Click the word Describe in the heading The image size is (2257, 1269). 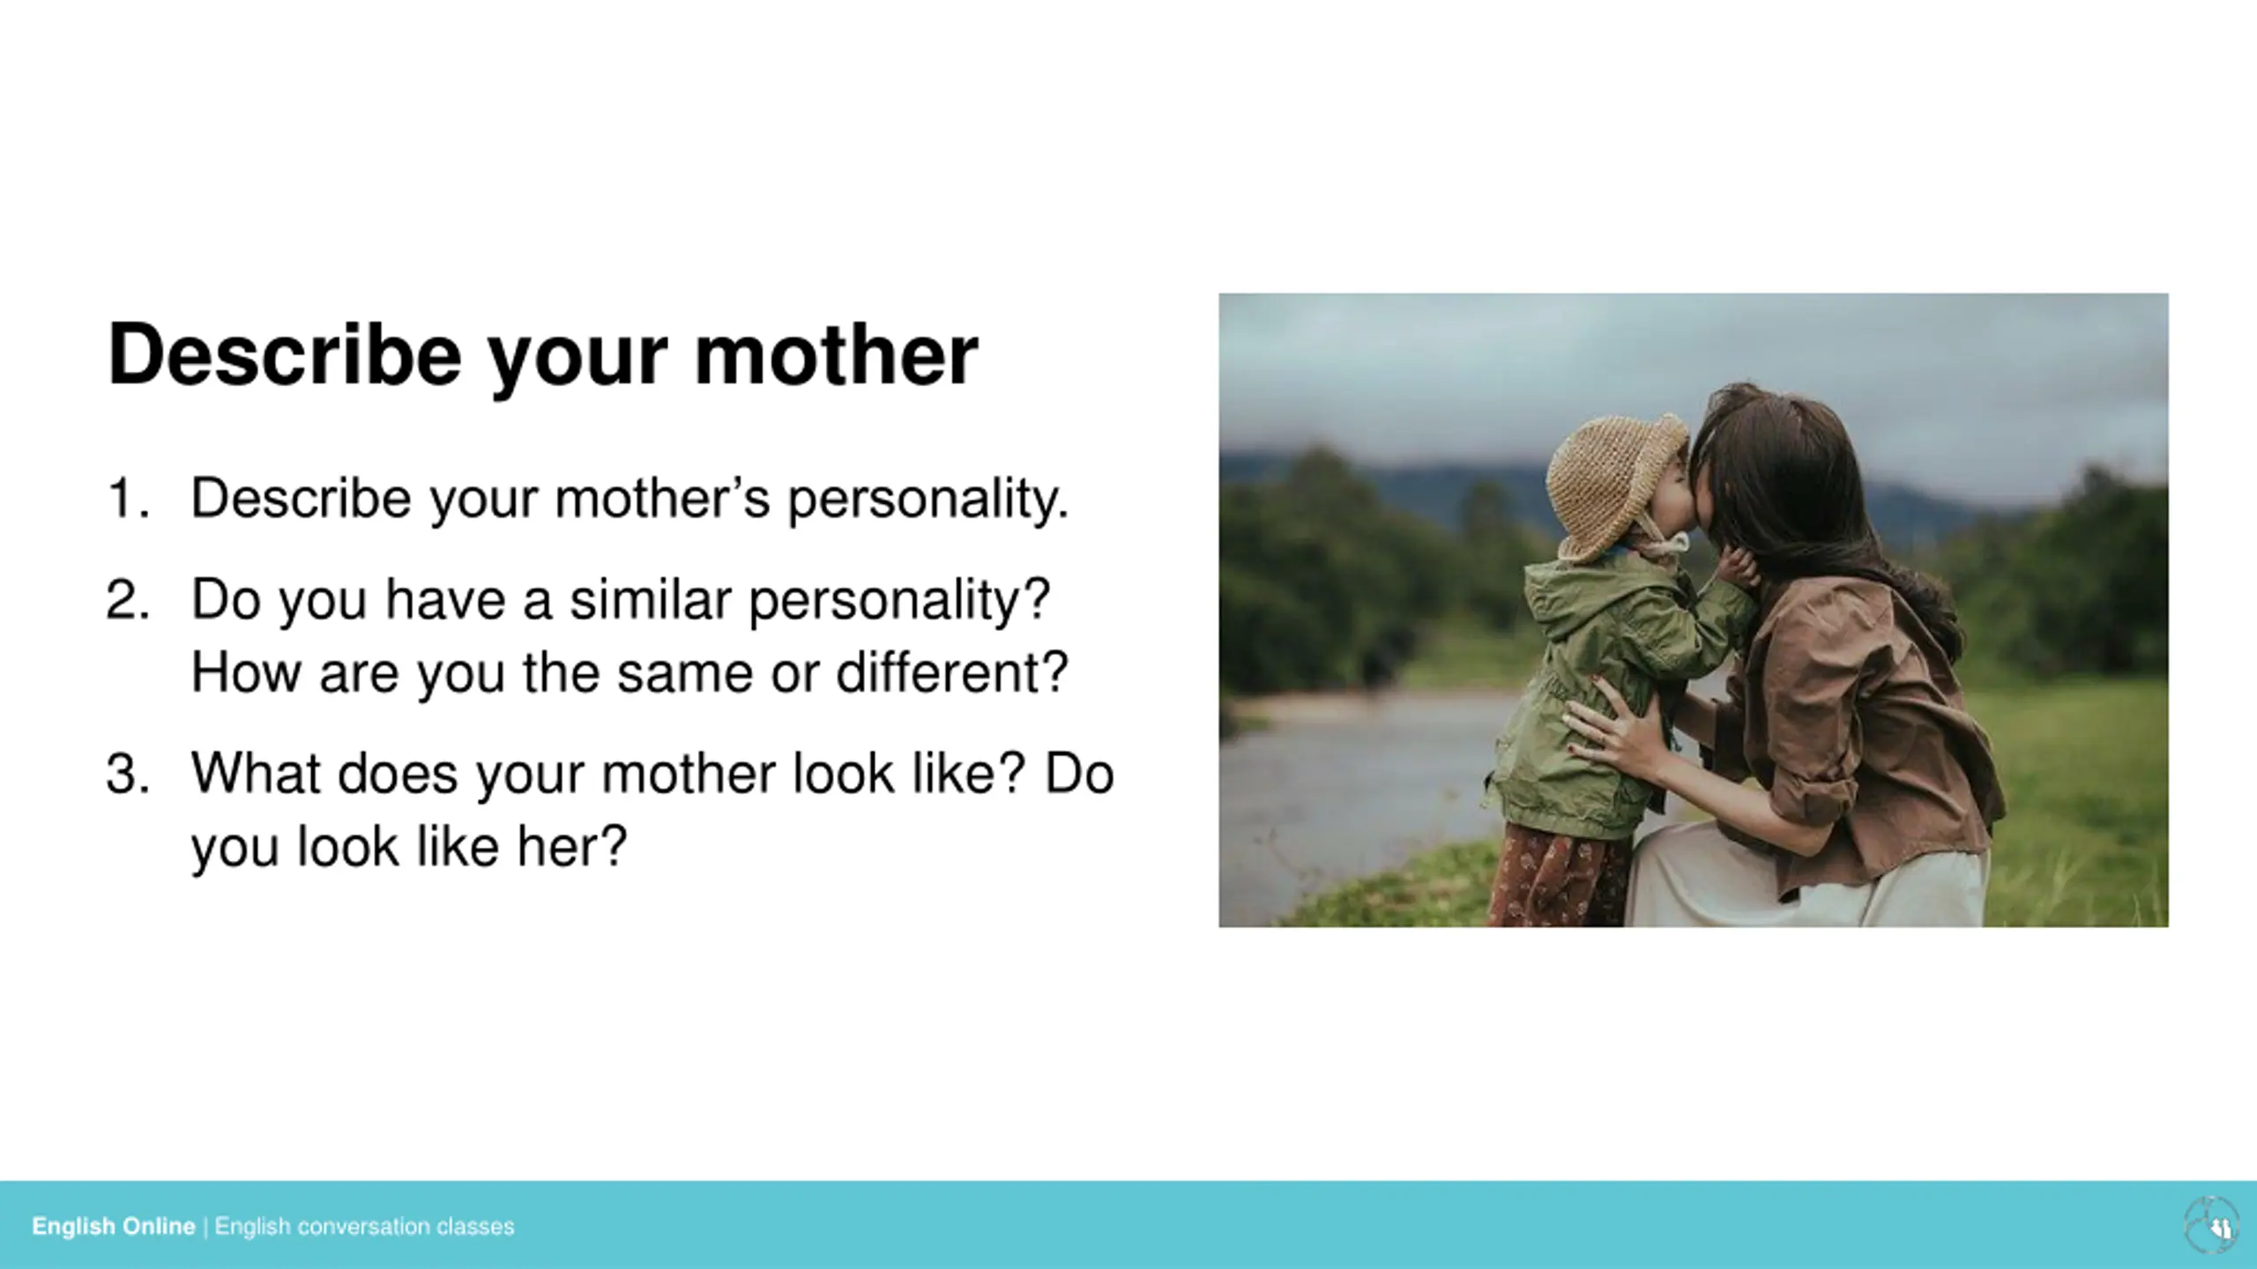point(284,354)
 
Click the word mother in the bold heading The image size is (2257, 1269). point(837,354)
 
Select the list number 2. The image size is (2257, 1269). point(127,600)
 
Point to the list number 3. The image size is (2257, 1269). point(127,774)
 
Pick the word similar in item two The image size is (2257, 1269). point(651,600)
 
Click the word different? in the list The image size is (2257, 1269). point(952,672)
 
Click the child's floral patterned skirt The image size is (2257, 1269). point(1559,876)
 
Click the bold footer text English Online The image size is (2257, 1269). point(114,1227)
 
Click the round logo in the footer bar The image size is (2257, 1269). point(2211,1225)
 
